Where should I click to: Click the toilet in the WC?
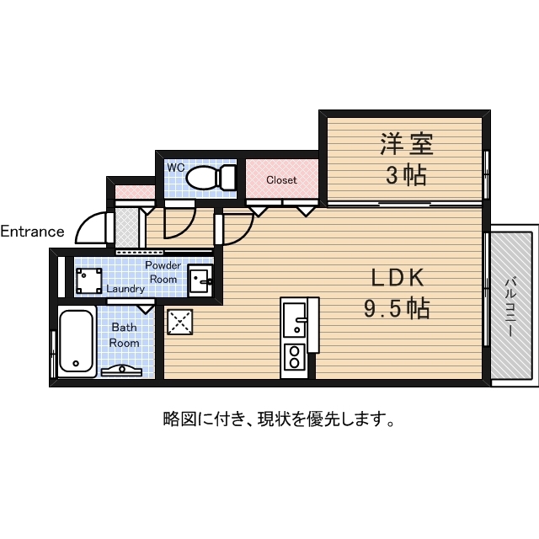211,178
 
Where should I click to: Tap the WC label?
175,168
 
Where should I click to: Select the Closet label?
281,180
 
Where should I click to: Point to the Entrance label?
32,232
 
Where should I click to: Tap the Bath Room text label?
124,336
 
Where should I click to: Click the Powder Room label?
163,272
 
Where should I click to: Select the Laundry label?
125,288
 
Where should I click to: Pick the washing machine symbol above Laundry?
89,279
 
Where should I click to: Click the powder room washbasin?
200,279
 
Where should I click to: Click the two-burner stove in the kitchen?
295,356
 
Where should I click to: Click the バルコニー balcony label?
511,307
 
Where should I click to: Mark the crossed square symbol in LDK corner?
179,322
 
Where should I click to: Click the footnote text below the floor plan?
279,418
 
